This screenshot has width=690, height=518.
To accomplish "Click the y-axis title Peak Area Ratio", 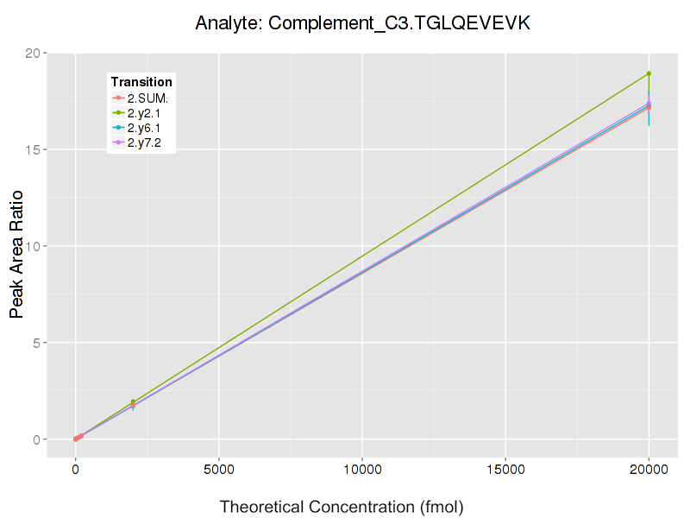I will (x=17, y=255).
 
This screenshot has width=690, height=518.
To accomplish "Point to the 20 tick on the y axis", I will (x=34, y=54).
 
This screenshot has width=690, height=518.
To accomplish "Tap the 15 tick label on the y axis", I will (x=34, y=150).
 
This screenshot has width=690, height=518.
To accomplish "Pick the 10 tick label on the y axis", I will (x=34, y=247).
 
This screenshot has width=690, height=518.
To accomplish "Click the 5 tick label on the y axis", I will (x=38, y=343).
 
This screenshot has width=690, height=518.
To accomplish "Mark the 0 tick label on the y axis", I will (x=38, y=439).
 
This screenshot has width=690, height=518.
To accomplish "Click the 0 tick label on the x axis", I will (x=76, y=470).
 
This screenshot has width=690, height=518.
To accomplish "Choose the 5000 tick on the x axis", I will (x=219, y=470).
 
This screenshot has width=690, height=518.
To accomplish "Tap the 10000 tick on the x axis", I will (x=362, y=470).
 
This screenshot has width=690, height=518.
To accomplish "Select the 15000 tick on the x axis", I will (x=505, y=470).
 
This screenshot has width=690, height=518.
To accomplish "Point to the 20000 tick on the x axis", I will (x=649, y=470).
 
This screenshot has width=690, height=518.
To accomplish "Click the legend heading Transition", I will (x=141, y=82).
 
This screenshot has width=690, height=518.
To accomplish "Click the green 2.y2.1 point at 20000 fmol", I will (x=649, y=73).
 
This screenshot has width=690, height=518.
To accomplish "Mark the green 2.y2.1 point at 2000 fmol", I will (x=133, y=402).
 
